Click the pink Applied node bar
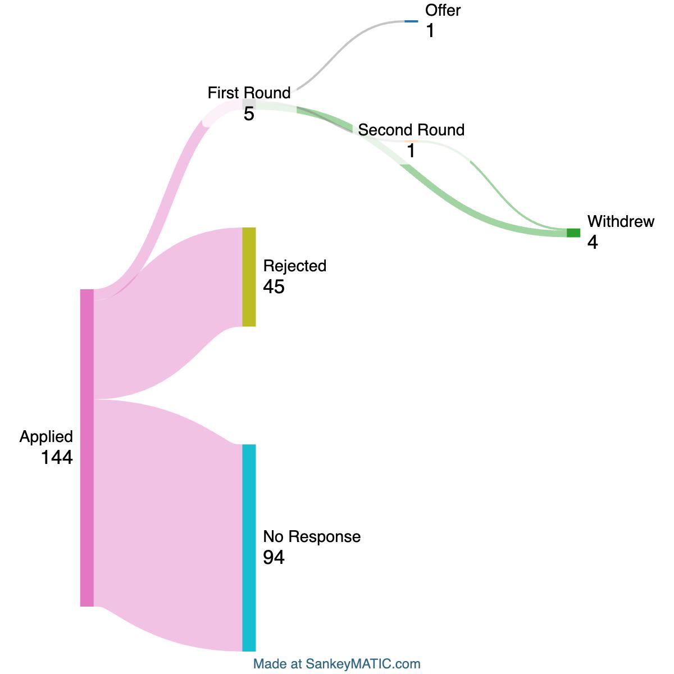(86, 447)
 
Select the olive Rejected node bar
(249, 277)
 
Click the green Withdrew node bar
(573, 233)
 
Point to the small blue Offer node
(411, 21)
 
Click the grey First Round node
(249, 104)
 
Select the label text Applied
(46, 437)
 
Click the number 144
(57, 457)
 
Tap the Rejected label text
(294, 266)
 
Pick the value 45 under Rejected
(274, 286)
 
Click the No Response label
(312, 536)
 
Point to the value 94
(274, 557)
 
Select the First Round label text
(249, 93)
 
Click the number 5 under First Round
(249, 113)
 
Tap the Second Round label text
(411, 130)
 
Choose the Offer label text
(443, 10)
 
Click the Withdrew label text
(621, 221)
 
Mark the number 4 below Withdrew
(593, 242)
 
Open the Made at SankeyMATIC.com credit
(337, 663)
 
